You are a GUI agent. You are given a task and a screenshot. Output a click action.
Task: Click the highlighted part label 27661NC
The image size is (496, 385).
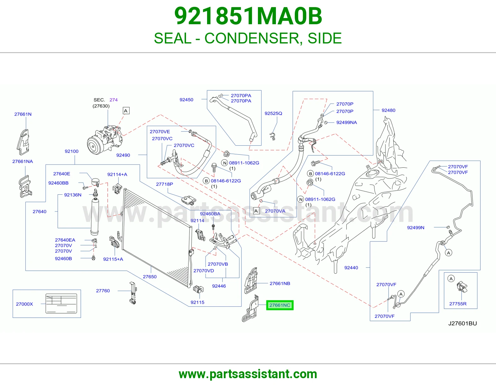click(x=280, y=305)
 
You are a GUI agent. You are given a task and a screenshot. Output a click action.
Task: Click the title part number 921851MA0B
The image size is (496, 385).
click(x=248, y=16)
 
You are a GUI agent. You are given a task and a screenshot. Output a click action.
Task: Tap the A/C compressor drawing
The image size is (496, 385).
click(x=104, y=140)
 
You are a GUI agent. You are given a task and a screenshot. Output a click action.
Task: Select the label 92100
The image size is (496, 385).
click(x=71, y=151)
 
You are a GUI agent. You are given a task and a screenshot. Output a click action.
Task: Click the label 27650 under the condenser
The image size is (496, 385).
click(x=150, y=277)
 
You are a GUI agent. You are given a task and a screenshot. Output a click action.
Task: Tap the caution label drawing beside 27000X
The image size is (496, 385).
click(x=61, y=303)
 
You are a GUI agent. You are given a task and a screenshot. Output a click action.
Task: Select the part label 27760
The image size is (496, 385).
click(x=103, y=291)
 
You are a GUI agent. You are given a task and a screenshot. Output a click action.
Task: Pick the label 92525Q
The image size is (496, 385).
click(x=273, y=113)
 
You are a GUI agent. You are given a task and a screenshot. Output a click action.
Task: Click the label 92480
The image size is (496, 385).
click(x=388, y=110)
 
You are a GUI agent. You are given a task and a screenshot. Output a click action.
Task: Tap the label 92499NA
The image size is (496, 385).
click(x=347, y=122)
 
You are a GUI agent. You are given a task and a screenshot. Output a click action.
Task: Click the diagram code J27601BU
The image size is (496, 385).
click(x=463, y=323)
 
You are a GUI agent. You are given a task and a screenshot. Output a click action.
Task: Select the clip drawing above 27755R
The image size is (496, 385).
click(x=462, y=287)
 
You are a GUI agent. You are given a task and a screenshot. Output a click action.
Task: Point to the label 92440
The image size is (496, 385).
click(x=351, y=268)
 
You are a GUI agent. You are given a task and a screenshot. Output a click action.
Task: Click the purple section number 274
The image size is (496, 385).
click(x=113, y=100)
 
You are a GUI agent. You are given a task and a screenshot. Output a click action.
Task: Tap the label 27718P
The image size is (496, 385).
click(x=164, y=184)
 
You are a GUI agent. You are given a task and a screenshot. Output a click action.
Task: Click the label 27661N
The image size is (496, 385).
click(x=23, y=114)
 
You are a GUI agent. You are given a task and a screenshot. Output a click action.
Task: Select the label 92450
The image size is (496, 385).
click(x=186, y=100)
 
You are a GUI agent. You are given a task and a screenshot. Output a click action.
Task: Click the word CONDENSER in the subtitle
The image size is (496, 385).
click(x=252, y=38)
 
